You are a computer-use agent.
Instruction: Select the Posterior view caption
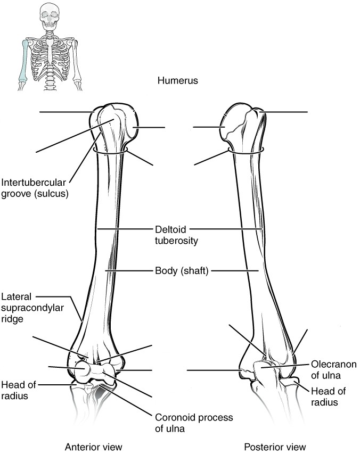click(x=275, y=447)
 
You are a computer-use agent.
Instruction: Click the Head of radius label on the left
click(x=19, y=390)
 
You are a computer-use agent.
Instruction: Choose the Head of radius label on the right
click(x=328, y=397)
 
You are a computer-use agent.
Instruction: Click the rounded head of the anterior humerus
click(x=129, y=127)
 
